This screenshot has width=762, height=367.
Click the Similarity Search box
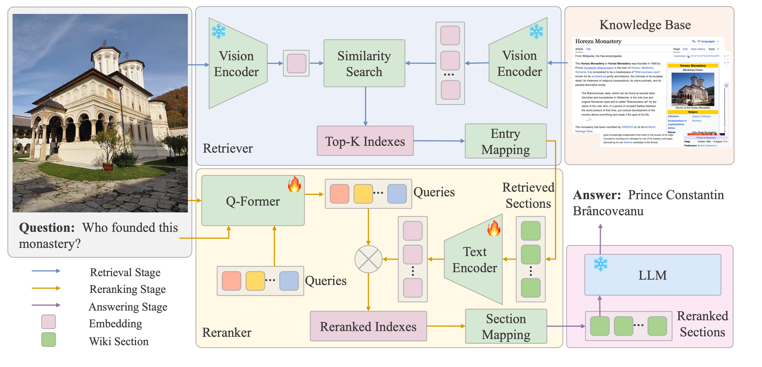364,63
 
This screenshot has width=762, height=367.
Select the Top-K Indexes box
365,141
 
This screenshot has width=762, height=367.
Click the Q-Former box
253,201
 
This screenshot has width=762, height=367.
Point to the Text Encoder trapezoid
474,260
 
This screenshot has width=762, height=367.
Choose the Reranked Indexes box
368,326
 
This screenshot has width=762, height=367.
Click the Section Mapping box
506,326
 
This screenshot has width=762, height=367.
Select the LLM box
653,275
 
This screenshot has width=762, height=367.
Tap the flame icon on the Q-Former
294,184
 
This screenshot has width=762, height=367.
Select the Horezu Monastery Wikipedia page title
598,41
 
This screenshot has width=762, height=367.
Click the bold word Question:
47,228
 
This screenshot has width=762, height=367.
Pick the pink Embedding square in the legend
49,322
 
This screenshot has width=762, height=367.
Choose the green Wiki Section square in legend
49,339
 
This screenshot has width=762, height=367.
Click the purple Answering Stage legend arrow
46,305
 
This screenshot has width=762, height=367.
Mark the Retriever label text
228,148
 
